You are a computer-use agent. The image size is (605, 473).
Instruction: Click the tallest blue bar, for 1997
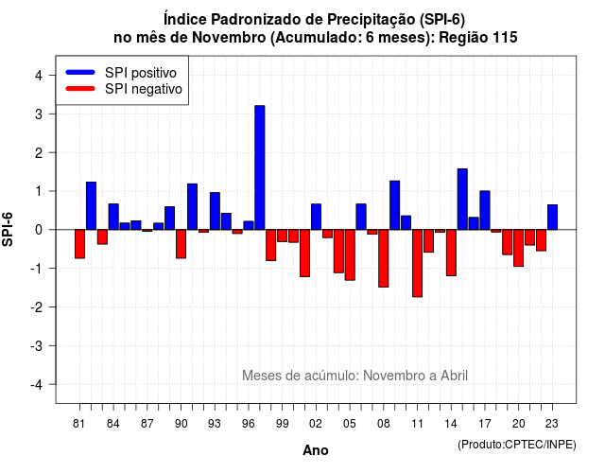click(x=260, y=167)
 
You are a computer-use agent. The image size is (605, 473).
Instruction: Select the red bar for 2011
click(x=417, y=263)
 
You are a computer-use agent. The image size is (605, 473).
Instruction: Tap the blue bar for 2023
click(x=552, y=217)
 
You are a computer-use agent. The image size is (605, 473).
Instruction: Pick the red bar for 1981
click(x=79, y=244)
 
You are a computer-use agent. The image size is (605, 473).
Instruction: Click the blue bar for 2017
click(x=485, y=210)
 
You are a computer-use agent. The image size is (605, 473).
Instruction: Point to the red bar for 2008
click(x=383, y=258)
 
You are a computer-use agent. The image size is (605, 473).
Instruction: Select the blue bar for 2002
click(x=316, y=217)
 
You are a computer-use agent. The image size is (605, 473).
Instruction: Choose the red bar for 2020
click(x=519, y=248)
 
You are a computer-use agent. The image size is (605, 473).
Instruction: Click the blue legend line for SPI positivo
click(x=80, y=72)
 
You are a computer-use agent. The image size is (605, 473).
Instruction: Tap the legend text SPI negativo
click(x=144, y=89)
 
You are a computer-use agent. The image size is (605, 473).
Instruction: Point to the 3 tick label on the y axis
click(x=39, y=114)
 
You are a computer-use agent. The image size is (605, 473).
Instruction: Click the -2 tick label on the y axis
click(x=36, y=307)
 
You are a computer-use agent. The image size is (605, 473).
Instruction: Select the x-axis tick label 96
click(x=249, y=424)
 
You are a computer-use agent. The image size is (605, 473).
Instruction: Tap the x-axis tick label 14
click(x=451, y=424)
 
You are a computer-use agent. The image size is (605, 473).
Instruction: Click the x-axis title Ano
click(x=316, y=450)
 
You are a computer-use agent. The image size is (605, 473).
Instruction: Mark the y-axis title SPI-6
click(x=8, y=229)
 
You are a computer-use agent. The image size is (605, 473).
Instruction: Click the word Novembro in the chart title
click(x=229, y=38)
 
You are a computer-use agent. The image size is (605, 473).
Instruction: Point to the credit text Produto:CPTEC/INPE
click(x=517, y=445)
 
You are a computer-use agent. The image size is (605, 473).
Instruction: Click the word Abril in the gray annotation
click(x=454, y=376)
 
